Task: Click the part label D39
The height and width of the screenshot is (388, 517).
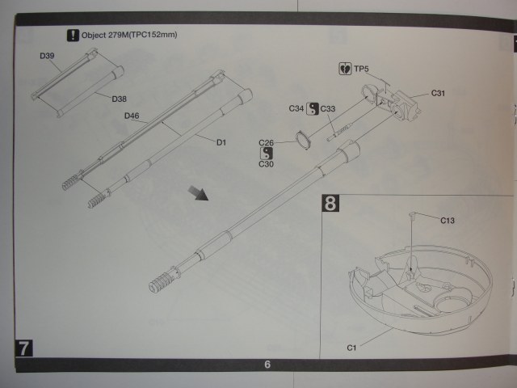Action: pyautogui.click(x=47, y=56)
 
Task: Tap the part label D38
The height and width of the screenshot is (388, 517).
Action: pyautogui.click(x=119, y=99)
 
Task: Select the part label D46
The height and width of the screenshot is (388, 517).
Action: pyautogui.click(x=132, y=116)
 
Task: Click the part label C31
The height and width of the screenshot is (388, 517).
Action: pyautogui.click(x=438, y=93)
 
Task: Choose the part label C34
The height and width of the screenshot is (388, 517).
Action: pyautogui.click(x=296, y=108)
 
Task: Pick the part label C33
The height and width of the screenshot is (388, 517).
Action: pyautogui.click(x=328, y=108)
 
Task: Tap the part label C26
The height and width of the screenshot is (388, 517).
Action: pyautogui.click(x=267, y=143)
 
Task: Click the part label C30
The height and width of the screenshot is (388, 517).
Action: pyautogui.click(x=267, y=164)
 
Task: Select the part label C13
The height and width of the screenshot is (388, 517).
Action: pyautogui.click(x=448, y=220)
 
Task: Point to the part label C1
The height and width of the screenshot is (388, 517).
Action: pyautogui.click(x=351, y=348)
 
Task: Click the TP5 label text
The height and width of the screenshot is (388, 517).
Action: pyautogui.click(x=361, y=70)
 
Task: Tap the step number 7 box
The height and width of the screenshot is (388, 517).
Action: pyautogui.click(x=25, y=348)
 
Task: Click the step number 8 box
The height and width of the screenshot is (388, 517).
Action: pyautogui.click(x=330, y=202)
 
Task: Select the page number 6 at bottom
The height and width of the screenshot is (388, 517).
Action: pyautogui.click(x=266, y=365)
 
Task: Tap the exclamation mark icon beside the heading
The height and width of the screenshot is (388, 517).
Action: pyautogui.click(x=73, y=36)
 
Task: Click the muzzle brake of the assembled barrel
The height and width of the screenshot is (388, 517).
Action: pyautogui.click(x=162, y=281)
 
